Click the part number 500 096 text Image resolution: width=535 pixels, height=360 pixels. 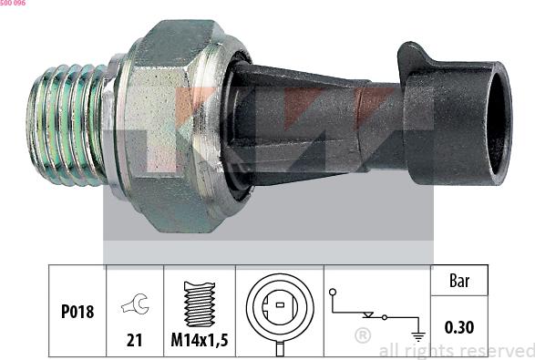(x=13, y=3)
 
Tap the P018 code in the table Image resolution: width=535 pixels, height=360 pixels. (x=77, y=312)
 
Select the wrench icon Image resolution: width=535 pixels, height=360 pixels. (x=135, y=303)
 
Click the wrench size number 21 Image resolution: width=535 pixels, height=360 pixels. (x=134, y=340)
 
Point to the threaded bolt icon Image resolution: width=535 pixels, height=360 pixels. (x=200, y=303)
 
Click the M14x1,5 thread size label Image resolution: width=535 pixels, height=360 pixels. (x=200, y=340)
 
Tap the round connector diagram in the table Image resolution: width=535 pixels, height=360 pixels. (x=280, y=311)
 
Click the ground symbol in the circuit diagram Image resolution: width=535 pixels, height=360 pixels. (x=418, y=336)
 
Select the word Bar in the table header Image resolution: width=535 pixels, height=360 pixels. (x=459, y=281)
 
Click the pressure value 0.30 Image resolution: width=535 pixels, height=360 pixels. (x=459, y=327)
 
